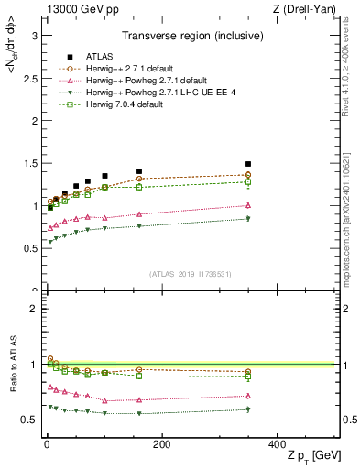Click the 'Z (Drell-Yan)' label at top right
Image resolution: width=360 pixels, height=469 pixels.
[x=310, y=8]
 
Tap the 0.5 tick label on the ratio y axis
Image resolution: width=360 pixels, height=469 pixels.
[x=29, y=420]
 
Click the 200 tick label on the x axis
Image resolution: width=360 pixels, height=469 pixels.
[x=161, y=443]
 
